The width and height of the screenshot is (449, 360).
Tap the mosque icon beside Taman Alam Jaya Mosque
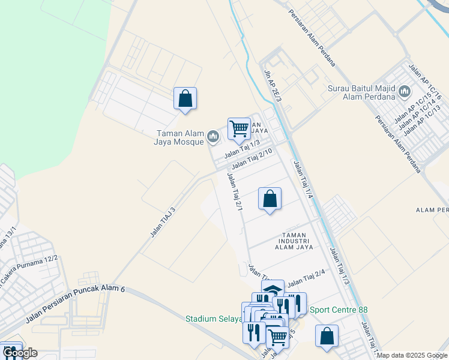(x=212, y=137)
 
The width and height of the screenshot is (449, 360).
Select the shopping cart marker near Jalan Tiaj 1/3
(x=239, y=128)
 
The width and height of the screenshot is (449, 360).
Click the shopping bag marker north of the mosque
(x=185, y=98)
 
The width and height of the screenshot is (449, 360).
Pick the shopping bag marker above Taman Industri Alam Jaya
(x=270, y=199)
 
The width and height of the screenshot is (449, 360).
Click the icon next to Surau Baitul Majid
(x=404, y=91)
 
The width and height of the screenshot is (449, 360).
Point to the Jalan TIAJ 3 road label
(x=163, y=222)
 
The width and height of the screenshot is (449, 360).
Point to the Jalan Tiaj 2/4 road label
(x=306, y=278)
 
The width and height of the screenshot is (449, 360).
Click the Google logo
(x=19, y=353)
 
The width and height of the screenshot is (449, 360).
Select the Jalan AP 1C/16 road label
(x=425, y=82)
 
